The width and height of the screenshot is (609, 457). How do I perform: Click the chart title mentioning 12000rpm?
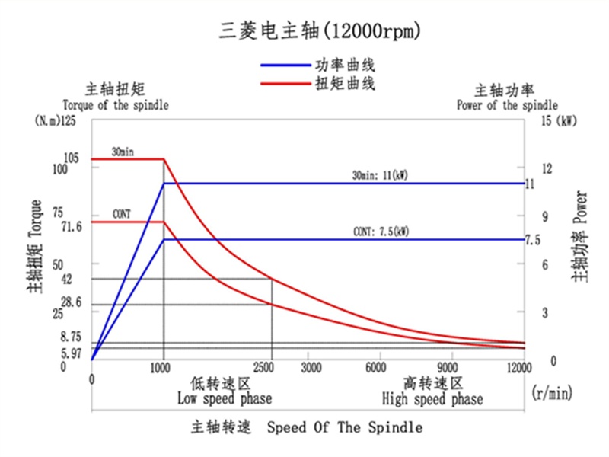[x=320, y=31]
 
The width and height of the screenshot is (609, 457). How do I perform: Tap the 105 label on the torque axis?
[x=71, y=158]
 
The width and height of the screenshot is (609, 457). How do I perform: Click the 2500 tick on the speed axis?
[x=270, y=368]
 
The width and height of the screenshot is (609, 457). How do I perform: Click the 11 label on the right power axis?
[x=530, y=184]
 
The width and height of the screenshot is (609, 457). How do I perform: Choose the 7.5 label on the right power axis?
[x=532, y=240]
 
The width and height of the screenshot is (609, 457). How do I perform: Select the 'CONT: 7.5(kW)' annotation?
[x=381, y=232]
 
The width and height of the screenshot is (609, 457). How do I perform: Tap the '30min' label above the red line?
[x=123, y=152]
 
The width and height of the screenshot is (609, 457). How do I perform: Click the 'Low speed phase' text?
[x=225, y=398]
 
